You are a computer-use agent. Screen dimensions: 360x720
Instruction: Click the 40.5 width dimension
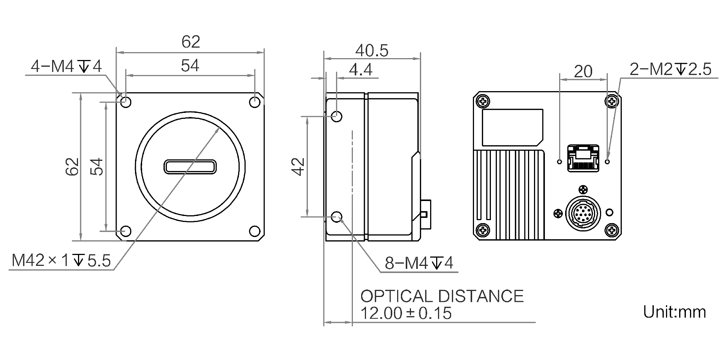pyautogui.click(x=372, y=51)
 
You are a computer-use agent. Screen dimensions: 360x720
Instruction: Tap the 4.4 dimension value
pyautogui.click(x=360, y=70)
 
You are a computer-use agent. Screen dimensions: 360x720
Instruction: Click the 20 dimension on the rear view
pyautogui.click(x=583, y=71)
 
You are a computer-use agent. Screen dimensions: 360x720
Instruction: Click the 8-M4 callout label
pyautogui.click(x=419, y=263)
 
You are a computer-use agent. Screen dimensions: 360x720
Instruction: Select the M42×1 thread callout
pyautogui.click(x=61, y=260)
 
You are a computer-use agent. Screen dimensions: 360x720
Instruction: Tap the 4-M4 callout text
pyautogui.click(x=66, y=67)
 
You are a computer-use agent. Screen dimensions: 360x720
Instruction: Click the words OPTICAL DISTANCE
pyautogui.click(x=442, y=296)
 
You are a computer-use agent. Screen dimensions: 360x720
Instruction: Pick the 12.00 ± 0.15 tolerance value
pyautogui.click(x=406, y=313)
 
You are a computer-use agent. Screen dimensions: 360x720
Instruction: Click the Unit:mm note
pyautogui.click(x=674, y=312)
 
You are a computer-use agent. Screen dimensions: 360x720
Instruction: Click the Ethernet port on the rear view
pyautogui.click(x=583, y=158)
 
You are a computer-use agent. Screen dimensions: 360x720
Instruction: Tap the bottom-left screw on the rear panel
pyautogui.click(x=483, y=229)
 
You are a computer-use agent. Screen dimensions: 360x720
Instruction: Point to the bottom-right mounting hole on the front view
pyautogui.click(x=255, y=231)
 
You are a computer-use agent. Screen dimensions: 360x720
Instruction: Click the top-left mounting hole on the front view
pyautogui.click(x=126, y=102)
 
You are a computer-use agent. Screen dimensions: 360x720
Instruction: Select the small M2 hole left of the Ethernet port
pyautogui.click(x=559, y=162)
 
